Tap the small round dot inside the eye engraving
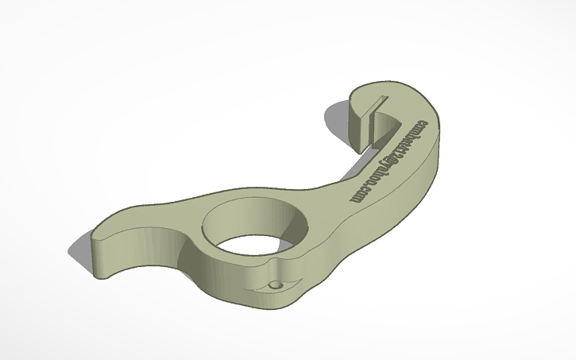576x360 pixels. click(275, 284)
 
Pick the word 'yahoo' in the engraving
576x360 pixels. click(378, 176)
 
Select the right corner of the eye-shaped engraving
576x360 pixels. click(296, 280)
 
